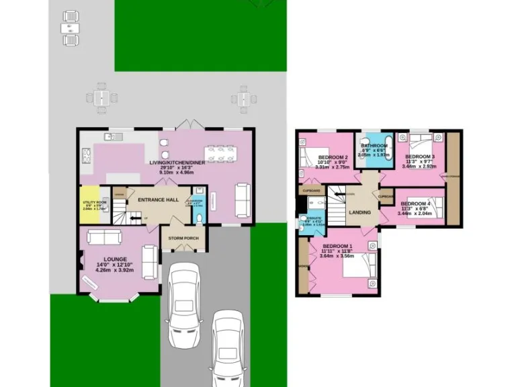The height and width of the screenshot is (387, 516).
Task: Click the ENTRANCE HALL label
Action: coord(159,200)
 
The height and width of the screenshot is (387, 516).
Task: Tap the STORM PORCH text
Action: coord(183,237)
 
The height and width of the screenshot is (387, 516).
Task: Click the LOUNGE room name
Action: coord(115,259)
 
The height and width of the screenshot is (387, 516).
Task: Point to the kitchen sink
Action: coord(112,137)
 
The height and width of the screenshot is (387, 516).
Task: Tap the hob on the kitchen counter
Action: coord(86,157)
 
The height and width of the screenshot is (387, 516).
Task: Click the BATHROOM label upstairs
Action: coord(374,146)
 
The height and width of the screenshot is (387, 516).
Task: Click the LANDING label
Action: coord(360,213)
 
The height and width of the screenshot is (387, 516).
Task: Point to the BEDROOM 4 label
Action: coord(415,204)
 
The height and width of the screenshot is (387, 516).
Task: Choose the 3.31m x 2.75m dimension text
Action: coord(333,167)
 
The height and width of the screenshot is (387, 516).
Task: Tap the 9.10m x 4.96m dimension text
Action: coord(176,172)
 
